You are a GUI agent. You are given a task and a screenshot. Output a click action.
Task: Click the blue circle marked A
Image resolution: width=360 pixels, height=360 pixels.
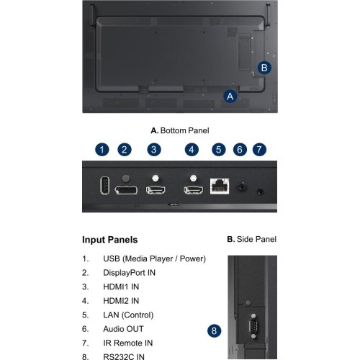[230, 96]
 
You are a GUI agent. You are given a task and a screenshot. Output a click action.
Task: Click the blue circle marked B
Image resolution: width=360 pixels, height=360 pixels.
[264, 68]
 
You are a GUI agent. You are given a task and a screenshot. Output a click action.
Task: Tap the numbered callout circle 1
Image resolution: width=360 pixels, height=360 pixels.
[102, 150]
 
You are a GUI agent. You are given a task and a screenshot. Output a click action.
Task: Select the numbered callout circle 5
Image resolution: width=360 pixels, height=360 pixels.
[219, 150]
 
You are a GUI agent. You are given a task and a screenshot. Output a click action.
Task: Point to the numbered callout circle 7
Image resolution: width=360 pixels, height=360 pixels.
[259, 150]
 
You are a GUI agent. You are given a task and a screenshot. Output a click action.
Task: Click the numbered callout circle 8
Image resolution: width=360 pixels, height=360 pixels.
[214, 330]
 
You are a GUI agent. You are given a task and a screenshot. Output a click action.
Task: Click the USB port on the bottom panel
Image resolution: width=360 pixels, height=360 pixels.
[104, 185]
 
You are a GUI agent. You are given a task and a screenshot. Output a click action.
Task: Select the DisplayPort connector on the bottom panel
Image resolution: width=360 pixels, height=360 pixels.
[126, 190]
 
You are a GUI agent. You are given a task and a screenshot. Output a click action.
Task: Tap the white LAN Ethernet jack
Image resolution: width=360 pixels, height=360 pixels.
[220, 186]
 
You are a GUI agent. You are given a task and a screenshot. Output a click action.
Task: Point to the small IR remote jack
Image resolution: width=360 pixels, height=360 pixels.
[260, 192]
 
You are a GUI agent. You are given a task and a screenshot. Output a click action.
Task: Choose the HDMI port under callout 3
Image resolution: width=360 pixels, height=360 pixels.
[156, 190]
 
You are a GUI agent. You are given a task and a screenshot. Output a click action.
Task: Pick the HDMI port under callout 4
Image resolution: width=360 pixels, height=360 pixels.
[193, 190]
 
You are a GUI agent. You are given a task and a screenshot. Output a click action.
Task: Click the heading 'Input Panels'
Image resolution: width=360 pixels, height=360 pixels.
[110, 240]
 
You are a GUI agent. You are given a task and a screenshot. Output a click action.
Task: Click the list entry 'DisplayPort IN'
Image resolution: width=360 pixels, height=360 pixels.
[129, 273]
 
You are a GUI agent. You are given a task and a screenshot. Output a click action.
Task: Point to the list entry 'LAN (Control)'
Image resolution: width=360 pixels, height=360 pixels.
[128, 315]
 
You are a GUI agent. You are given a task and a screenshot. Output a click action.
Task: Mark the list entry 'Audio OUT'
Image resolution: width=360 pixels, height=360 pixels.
[123, 329]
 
